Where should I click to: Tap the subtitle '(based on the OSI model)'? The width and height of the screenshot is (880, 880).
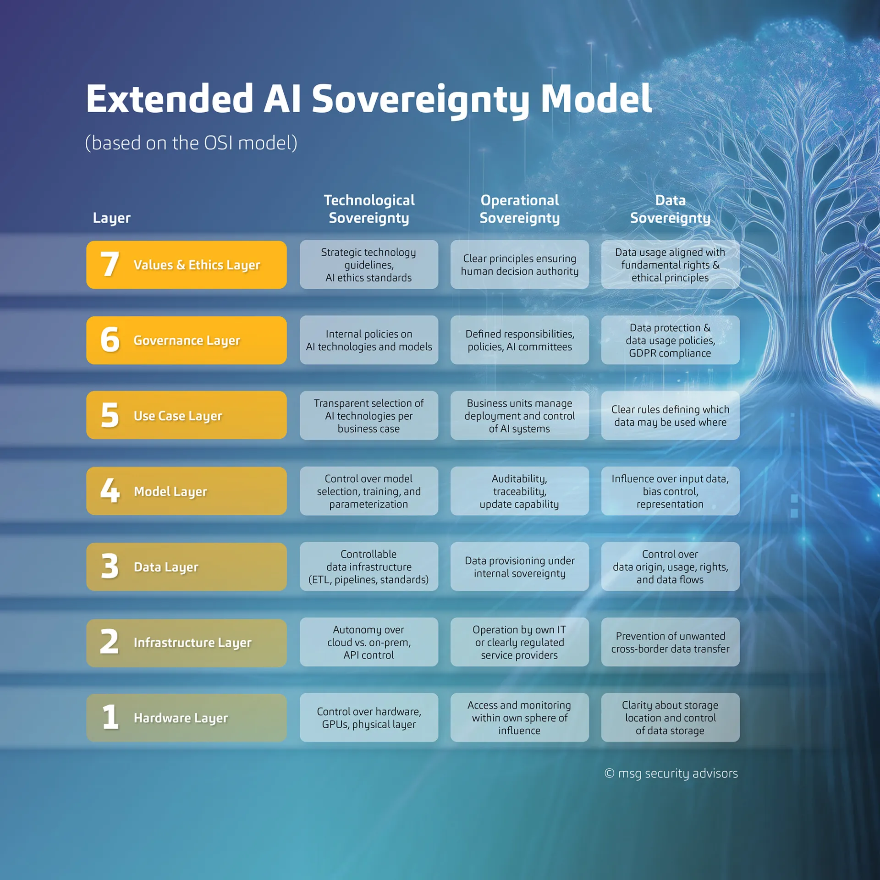click(x=191, y=143)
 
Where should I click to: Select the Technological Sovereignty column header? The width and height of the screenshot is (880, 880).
click(x=369, y=209)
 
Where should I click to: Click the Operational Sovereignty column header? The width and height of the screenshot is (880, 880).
click(x=519, y=209)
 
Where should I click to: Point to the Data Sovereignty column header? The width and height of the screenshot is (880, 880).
click(x=670, y=209)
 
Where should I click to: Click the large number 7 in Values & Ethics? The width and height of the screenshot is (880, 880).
click(x=110, y=264)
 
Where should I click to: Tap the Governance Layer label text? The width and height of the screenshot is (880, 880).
click(x=187, y=341)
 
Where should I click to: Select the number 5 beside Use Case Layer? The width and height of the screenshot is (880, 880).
click(x=110, y=416)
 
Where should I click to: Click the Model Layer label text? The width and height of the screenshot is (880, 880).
click(x=170, y=491)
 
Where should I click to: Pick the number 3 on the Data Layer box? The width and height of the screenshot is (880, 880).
click(x=110, y=566)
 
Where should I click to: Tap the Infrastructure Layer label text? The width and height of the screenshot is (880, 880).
click(x=192, y=643)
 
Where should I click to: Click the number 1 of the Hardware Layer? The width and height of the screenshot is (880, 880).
click(x=110, y=717)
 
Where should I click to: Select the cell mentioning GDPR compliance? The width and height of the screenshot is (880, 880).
click(x=670, y=341)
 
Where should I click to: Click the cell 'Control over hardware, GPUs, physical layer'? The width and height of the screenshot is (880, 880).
click(x=369, y=718)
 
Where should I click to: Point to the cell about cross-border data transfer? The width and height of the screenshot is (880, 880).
click(x=670, y=642)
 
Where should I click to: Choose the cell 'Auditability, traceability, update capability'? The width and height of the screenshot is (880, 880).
click(x=519, y=491)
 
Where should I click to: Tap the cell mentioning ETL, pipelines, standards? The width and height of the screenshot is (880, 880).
click(x=369, y=567)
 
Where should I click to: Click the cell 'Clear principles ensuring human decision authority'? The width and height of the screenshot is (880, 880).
click(x=519, y=265)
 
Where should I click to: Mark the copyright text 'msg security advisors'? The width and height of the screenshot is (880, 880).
click(x=677, y=774)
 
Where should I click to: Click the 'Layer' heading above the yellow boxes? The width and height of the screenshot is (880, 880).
click(x=112, y=218)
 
